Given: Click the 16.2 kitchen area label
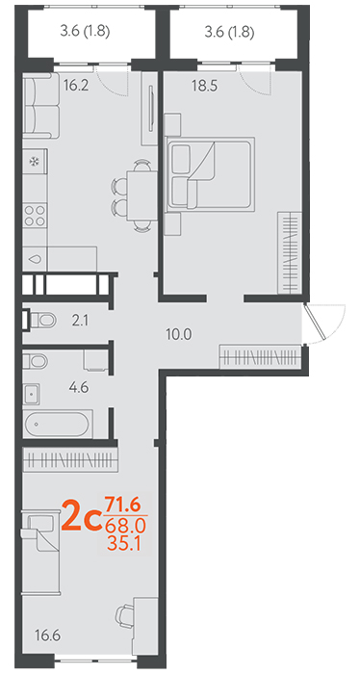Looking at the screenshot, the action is pos(76,86).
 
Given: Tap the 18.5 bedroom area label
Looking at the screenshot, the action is pos(205,86).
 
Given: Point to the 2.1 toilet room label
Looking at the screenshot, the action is pos(80,321).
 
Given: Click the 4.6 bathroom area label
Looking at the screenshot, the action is pos(78,388).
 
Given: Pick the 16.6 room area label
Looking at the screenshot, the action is pos(48,635).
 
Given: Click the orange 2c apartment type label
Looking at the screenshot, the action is pos(81,515).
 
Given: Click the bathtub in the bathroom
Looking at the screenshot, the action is pos(58,424).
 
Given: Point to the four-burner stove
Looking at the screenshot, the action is pos(35,216).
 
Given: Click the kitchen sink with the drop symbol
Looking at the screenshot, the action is pos(35,259).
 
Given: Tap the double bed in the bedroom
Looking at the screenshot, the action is pos(211,174).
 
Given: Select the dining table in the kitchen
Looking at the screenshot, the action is pos(141,194).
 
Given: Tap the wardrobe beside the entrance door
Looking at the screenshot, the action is pos(260,356).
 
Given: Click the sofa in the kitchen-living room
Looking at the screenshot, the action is pos(40,106).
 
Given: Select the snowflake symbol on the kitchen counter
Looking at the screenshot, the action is pos(34,162).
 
